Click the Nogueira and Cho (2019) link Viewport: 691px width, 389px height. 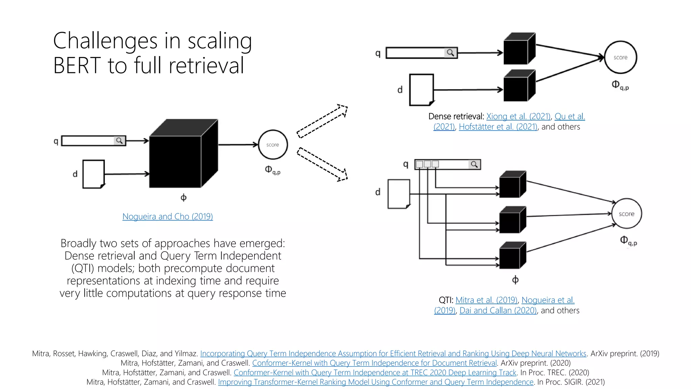point(167,216)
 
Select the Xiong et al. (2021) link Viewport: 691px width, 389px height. point(518,116)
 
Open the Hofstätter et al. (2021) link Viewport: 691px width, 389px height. point(498,127)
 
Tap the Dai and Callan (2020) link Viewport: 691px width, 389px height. point(498,311)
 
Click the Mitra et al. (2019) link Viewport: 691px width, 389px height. point(486,300)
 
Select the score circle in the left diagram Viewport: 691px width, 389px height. point(273,145)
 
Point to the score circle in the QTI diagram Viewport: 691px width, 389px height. point(626,214)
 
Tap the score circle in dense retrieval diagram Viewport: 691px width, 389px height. point(620,57)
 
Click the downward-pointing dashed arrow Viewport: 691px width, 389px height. point(322,164)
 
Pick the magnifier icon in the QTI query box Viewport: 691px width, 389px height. point(474,164)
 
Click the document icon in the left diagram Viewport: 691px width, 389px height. point(93,174)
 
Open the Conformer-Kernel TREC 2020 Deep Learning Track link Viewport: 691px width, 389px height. point(375,373)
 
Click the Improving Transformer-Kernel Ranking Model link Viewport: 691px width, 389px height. point(376,382)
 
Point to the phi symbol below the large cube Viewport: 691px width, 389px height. point(183,198)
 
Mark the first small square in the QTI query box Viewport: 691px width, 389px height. point(419,164)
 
